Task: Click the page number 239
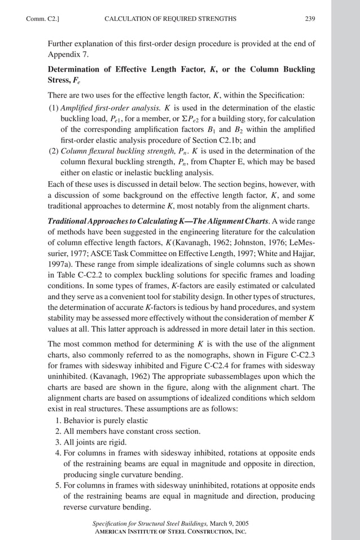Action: coord(310,19)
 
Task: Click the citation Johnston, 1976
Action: coord(261,243)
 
